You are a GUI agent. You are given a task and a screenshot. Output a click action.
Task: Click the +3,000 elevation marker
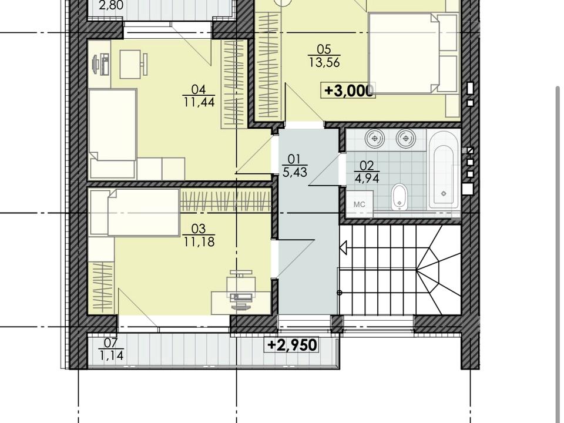pyautogui.click(x=348, y=90)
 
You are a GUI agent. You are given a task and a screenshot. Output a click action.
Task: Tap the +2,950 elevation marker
pyautogui.click(x=292, y=345)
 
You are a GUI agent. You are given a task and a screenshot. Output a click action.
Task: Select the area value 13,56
pyautogui.click(x=324, y=63)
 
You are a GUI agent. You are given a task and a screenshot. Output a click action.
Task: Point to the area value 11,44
pyautogui.click(x=199, y=102)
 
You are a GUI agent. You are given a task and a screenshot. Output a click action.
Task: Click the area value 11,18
pyautogui.click(x=199, y=241)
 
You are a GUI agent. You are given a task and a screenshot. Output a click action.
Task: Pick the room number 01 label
pyautogui.click(x=294, y=159)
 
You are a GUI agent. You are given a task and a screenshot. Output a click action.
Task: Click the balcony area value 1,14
pyautogui.click(x=112, y=356)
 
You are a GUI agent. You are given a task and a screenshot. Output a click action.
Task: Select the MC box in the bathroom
pyautogui.click(x=360, y=204)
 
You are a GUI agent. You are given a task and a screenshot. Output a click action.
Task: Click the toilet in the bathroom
pyautogui.click(x=399, y=197)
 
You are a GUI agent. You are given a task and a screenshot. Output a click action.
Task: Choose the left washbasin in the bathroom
pyautogui.click(x=375, y=139)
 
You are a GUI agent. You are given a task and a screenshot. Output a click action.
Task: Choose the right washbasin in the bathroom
pyautogui.click(x=406, y=139)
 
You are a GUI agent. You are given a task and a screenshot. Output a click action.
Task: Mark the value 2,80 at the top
pyautogui.click(x=111, y=5)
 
